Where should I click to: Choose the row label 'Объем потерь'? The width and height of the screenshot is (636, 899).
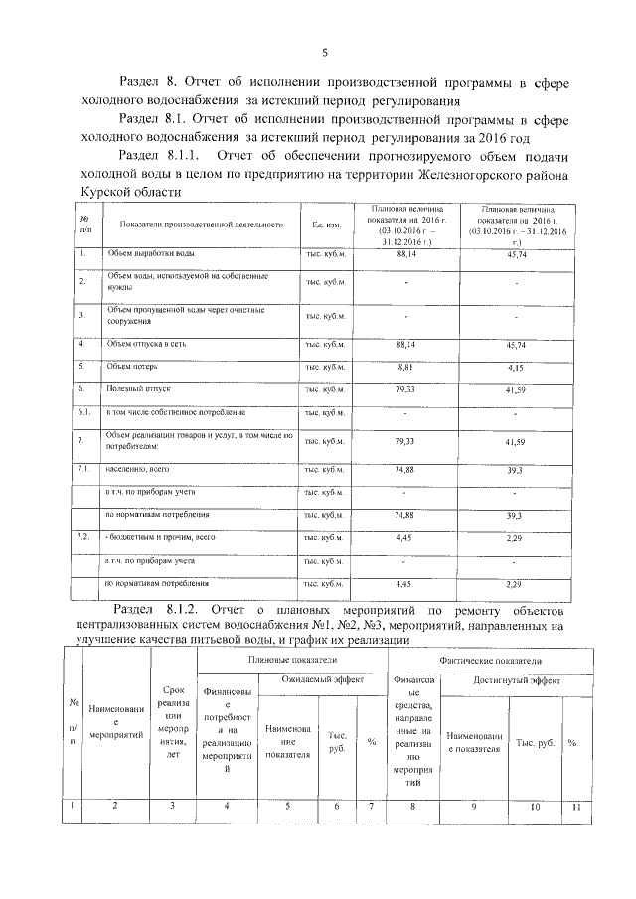[134, 367]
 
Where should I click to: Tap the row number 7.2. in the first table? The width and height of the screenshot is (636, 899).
[84, 536]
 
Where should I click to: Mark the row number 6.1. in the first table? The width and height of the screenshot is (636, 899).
[84, 411]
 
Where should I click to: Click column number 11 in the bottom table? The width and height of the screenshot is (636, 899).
[574, 806]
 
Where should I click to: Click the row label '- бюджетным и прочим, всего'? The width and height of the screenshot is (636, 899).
[161, 536]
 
